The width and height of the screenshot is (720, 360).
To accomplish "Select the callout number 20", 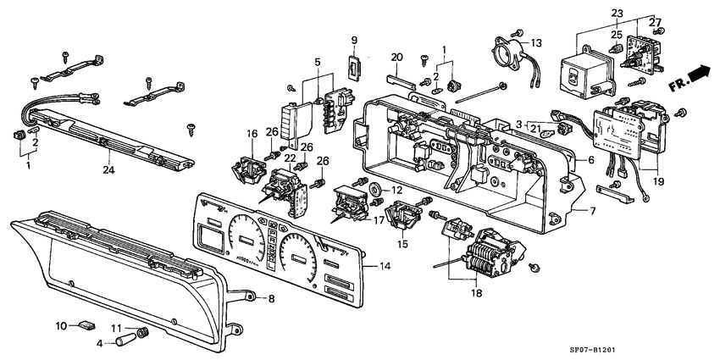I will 396,57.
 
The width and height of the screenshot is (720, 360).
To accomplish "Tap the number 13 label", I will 536,43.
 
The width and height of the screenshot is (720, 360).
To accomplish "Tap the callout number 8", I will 271,298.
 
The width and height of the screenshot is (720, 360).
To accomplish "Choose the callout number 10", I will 61,325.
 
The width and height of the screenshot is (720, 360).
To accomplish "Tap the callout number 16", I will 252,134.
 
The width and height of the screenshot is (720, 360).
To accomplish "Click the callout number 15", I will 402,244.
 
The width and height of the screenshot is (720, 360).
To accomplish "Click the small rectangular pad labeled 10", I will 87,324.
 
